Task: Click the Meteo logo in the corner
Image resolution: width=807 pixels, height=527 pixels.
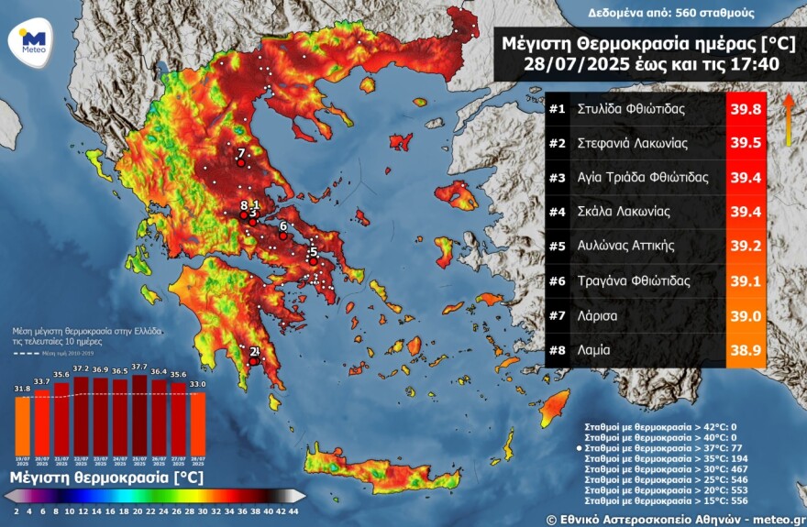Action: (33, 41)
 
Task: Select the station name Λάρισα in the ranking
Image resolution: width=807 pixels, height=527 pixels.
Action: (597, 315)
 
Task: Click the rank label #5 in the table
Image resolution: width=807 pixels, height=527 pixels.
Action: (557, 246)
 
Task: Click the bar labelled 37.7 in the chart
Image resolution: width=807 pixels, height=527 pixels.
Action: (140, 412)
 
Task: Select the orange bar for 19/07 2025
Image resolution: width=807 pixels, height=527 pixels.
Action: (22, 423)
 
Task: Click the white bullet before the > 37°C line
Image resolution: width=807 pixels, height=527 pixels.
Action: (578, 447)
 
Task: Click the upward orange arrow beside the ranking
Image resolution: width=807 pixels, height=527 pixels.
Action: (788, 119)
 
